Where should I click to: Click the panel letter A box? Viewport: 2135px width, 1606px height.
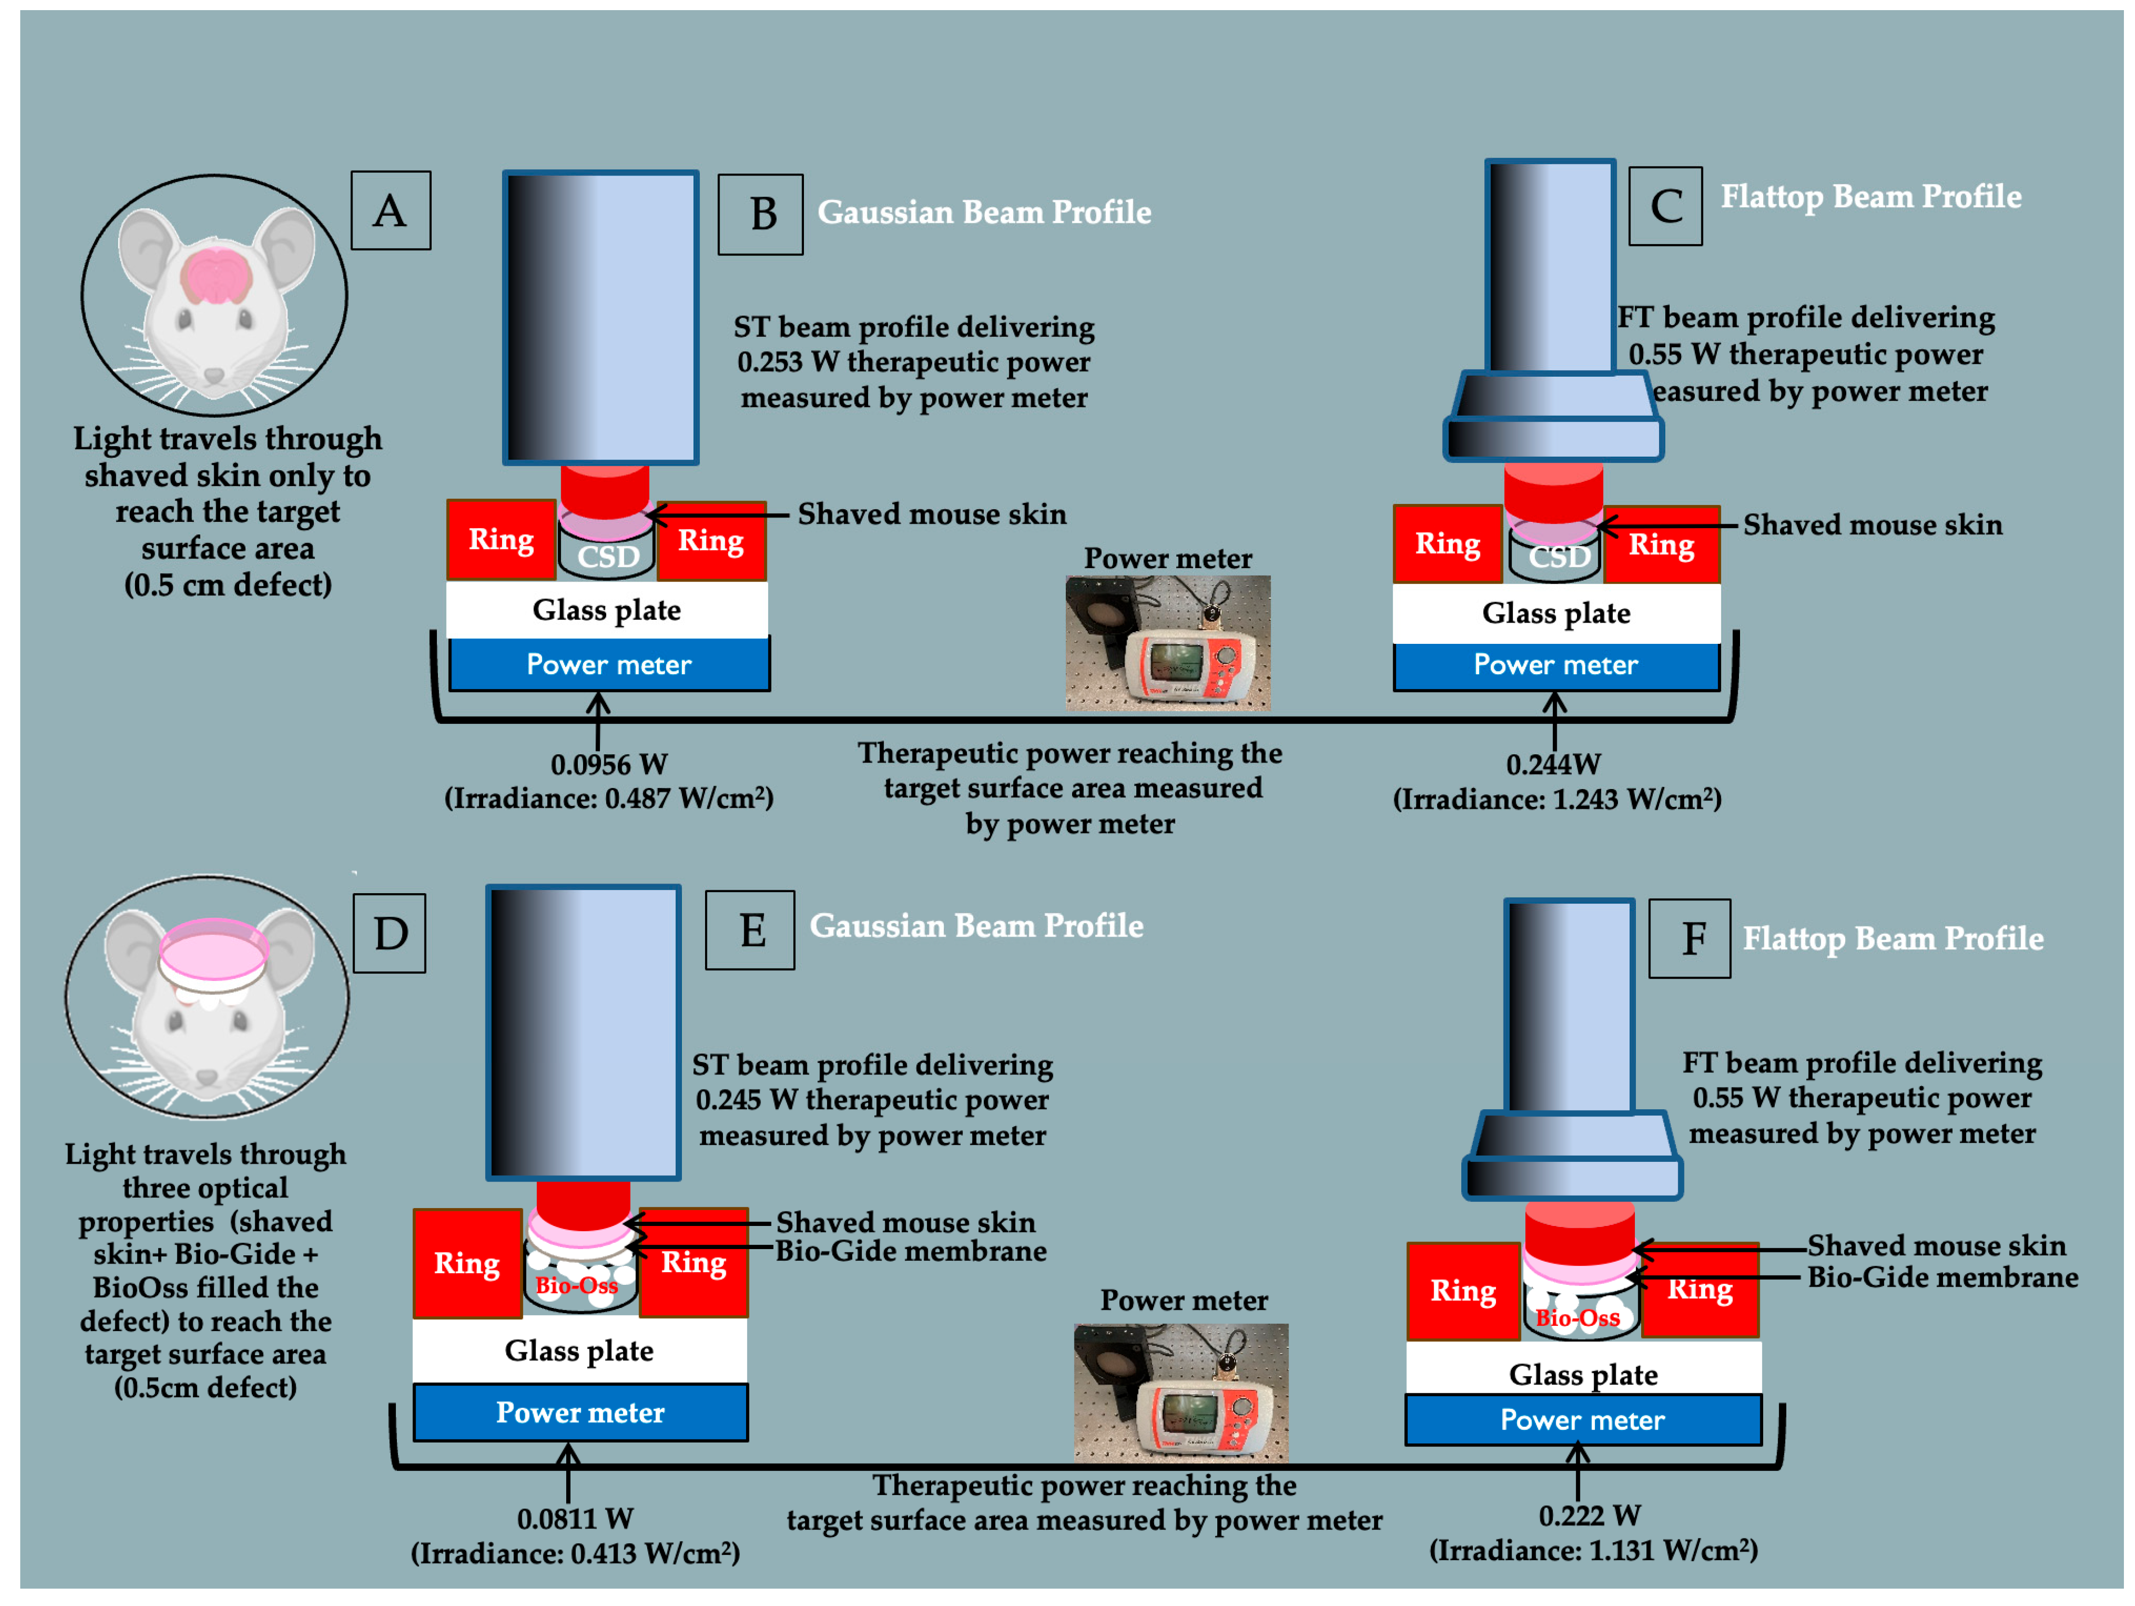[390, 210]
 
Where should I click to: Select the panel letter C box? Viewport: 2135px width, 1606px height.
[1665, 205]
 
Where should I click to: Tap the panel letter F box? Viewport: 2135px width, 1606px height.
[1689, 938]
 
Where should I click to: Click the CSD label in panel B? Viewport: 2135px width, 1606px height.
[608, 556]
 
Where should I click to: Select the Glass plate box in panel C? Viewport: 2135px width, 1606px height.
[1556, 613]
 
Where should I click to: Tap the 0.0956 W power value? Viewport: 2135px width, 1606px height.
[609, 764]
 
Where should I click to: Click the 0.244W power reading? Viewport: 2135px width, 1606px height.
[1553, 764]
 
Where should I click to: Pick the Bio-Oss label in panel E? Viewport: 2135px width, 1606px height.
[576, 1285]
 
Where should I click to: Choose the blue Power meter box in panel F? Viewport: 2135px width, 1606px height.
[1582, 1420]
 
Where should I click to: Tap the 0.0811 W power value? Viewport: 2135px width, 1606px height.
[575, 1519]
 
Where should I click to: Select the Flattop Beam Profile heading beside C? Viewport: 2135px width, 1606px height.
[1871, 197]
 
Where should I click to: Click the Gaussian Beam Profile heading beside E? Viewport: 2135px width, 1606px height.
[976, 925]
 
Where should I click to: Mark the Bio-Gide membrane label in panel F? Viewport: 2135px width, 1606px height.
[1942, 1278]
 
